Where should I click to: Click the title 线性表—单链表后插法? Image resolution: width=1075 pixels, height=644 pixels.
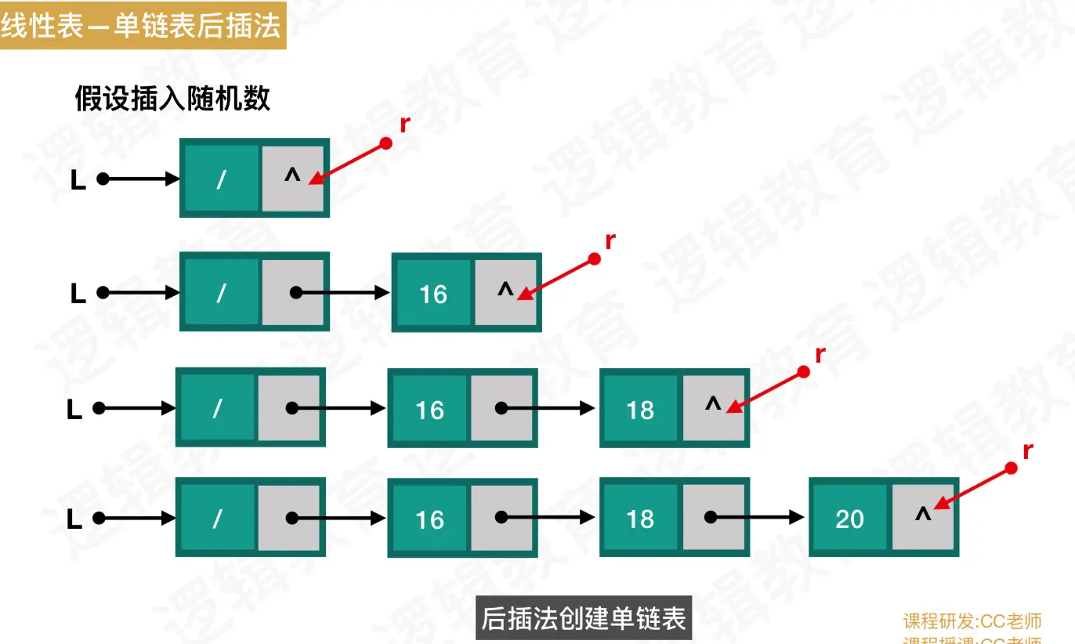pos(141,27)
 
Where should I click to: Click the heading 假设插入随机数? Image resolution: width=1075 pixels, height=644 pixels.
pos(172,99)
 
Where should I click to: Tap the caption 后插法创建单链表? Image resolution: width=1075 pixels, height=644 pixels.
pos(584,618)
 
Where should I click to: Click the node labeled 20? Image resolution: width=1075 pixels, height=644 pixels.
pos(849,519)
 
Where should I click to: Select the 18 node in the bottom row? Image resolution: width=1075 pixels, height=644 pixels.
pos(639,519)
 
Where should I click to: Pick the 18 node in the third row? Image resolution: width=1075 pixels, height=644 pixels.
pos(639,409)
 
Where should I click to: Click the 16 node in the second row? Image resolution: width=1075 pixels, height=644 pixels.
pos(433,294)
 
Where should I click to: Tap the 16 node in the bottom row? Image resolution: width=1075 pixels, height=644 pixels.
pos(429,519)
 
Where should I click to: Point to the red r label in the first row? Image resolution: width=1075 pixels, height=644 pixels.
pos(404,124)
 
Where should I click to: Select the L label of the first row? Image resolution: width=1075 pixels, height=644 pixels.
pos(78,180)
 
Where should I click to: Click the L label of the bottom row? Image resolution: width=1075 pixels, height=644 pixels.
pos(74,519)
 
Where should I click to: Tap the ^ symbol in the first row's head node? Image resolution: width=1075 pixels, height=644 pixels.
pos(292,176)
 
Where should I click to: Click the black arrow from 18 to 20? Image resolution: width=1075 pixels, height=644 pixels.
pos(756,518)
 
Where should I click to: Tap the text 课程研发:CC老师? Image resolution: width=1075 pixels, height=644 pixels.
pos(972,621)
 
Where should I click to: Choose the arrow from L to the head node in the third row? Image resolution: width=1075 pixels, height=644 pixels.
pos(137,408)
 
